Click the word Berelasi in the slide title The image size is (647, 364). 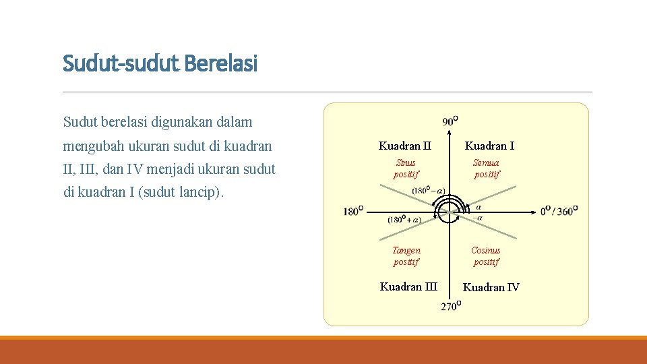[x=220, y=64]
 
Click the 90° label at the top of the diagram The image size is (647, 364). [x=450, y=121]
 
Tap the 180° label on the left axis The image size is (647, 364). [x=353, y=212]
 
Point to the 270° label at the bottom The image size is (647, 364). [x=451, y=306]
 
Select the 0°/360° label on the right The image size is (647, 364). [x=559, y=211]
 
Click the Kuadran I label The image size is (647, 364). [x=489, y=146]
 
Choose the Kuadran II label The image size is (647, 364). [x=404, y=146]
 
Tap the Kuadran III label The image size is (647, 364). [x=408, y=286]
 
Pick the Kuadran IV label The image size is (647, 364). [x=491, y=287]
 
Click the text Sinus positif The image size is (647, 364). [x=406, y=169]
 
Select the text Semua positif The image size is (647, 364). [x=487, y=169]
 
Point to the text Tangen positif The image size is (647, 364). [x=406, y=256]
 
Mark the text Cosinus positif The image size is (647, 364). [x=486, y=256]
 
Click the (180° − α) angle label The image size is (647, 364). [x=428, y=191]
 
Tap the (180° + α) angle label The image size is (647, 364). [x=404, y=220]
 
